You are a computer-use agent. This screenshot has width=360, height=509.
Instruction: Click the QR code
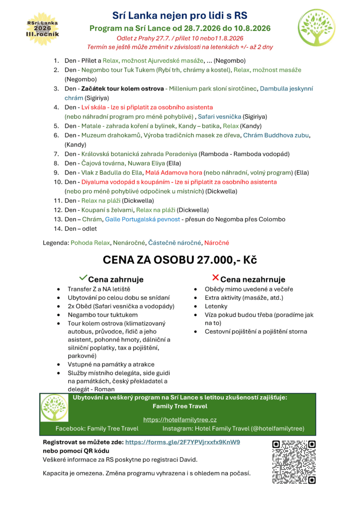pyautogui.click(x=294, y=462)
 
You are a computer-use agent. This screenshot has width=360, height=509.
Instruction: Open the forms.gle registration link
pyautogui.click(x=182, y=442)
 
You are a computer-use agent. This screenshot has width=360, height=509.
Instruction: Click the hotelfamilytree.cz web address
pyautogui.click(x=180, y=420)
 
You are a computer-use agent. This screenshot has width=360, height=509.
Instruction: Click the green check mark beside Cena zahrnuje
pyautogui.click(x=84, y=277)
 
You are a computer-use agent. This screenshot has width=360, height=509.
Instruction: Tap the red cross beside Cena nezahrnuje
pyautogui.click(x=215, y=277)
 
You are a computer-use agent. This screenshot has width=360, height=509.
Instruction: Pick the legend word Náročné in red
pyautogui.click(x=217, y=243)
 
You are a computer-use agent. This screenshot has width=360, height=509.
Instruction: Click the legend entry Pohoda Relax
pyautogui.click(x=90, y=243)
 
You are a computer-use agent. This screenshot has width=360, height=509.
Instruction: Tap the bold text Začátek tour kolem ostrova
pyautogui.click(x=122, y=88)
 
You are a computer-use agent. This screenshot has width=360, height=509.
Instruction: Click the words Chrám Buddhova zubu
pyautogui.click(x=276, y=135)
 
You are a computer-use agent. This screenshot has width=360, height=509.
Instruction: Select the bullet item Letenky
pyautogui.click(x=216, y=306)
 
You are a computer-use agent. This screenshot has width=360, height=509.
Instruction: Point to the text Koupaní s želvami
pyautogui.click(x=104, y=210)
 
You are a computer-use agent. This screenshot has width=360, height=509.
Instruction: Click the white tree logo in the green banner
pyautogui.click(x=54, y=408)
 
